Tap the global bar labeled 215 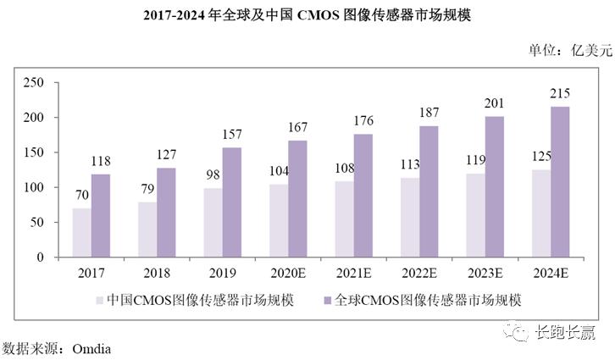[561, 181]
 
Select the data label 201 [494, 106]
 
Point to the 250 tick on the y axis [33, 82]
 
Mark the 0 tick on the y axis [39, 257]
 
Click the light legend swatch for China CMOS [99, 300]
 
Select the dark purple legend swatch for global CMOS [327, 300]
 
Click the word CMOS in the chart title [320, 14]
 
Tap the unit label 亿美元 [588, 50]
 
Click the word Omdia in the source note [87, 348]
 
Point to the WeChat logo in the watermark [517, 333]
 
